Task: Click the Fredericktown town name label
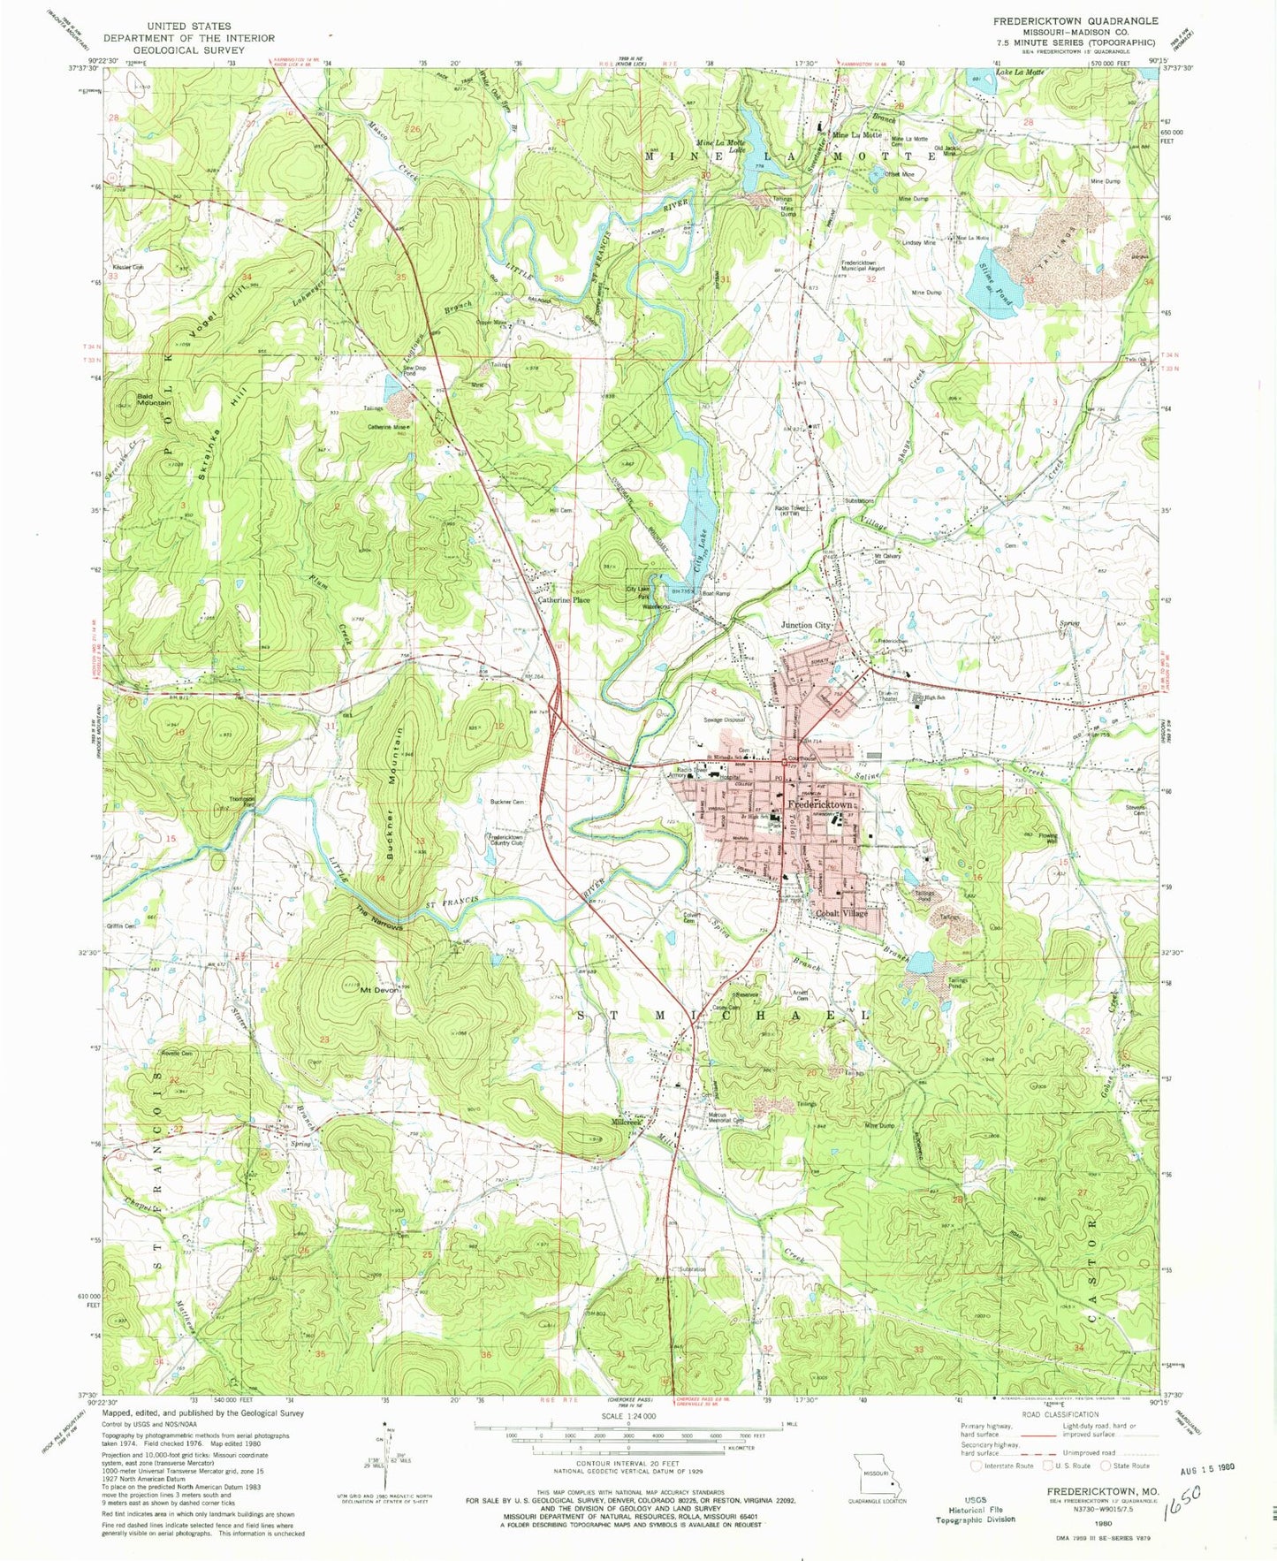pyautogui.click(x=821, y=805)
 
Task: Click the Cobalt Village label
pyautogui.click(x=840, y=914)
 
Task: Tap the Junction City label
pyautogui.click(x=806, y=625)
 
